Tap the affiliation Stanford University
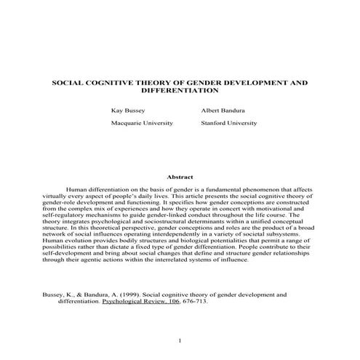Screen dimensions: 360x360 pos(228,123)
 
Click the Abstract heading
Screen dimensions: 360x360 pos(180,177)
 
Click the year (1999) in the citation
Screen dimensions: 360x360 pos(121,295)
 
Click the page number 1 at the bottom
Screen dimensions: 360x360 pos(180,340)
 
